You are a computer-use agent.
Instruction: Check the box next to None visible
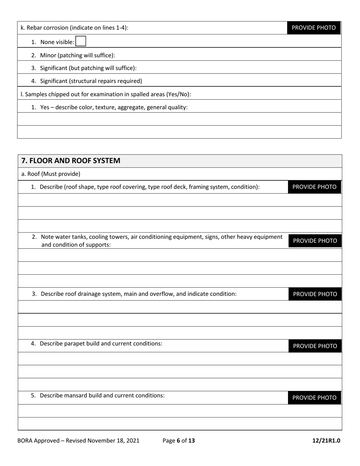coord(81,42)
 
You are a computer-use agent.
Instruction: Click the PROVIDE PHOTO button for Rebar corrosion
coord(313,28)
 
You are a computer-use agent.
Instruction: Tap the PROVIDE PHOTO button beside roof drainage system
coord(315,294)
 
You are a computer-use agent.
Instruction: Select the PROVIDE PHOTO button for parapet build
coord(315,346)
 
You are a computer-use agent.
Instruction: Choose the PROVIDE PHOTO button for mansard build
coord(314,397)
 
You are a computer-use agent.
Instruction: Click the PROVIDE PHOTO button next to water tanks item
coord(315,241)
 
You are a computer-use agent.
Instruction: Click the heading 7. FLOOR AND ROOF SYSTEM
coord(71,161)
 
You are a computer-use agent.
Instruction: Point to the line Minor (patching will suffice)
coord(77,55)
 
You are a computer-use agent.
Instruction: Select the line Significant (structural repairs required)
coord(91,81)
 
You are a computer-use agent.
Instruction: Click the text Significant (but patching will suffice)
coord(88,68)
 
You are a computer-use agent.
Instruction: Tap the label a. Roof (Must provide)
coord(51,174)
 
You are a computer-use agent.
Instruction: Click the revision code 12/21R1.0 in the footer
coord(326,440)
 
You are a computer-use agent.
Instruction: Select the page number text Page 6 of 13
coord(178,440)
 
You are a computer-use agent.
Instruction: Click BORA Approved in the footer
coord(38,440)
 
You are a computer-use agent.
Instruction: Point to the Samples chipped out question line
coord(106,94)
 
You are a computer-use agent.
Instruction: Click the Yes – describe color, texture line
coord(114,107)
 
